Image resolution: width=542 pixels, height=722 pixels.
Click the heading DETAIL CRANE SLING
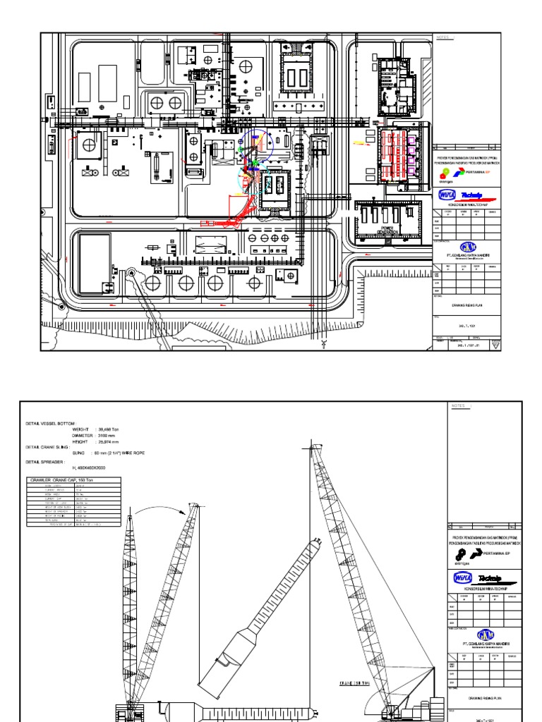(x=50, y=448)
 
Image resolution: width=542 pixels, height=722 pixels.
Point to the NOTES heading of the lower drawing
(x=458, y=406)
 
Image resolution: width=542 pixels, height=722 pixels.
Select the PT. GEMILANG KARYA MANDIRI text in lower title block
(x=484, y=643)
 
